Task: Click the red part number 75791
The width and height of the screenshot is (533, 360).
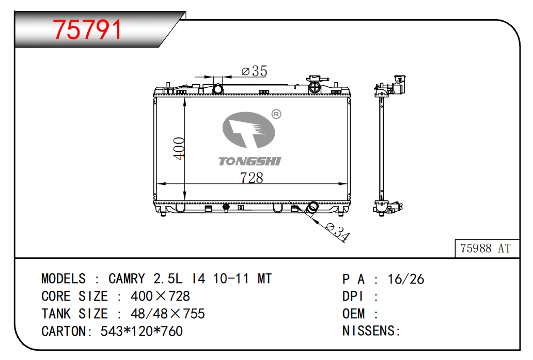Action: (x=87, y=29)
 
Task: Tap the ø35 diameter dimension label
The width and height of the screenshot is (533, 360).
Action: (x=254, y=71)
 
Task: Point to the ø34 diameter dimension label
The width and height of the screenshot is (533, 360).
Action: (x=338, y=231)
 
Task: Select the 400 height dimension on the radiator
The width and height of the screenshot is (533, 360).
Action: (x=179, y=149)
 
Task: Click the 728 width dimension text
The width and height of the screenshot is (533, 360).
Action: (x=252, y=178)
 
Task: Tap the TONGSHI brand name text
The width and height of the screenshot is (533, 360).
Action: (x=250, y=161)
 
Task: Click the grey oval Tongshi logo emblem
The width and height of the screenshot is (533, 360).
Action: (x=248, y=130)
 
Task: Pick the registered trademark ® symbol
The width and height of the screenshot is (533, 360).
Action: (x=276, y=114)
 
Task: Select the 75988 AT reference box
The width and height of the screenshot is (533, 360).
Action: (x=487, y=248)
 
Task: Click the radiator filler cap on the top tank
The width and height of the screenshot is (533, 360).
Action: (x=315, y=85)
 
